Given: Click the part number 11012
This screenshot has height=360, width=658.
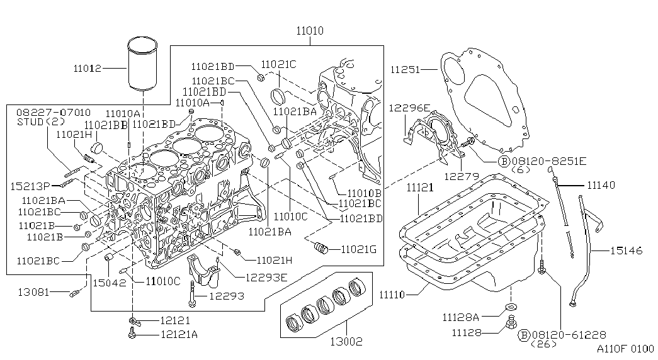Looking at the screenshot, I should click(87, 67).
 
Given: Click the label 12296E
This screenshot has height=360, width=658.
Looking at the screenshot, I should click(409, 108).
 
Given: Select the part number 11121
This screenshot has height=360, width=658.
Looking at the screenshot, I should click(420, 188).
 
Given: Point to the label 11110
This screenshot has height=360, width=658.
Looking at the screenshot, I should click(394, 294).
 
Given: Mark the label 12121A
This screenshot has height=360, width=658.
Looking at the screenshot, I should click(179, 335).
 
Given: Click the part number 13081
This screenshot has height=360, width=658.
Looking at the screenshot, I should click(33, 291).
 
